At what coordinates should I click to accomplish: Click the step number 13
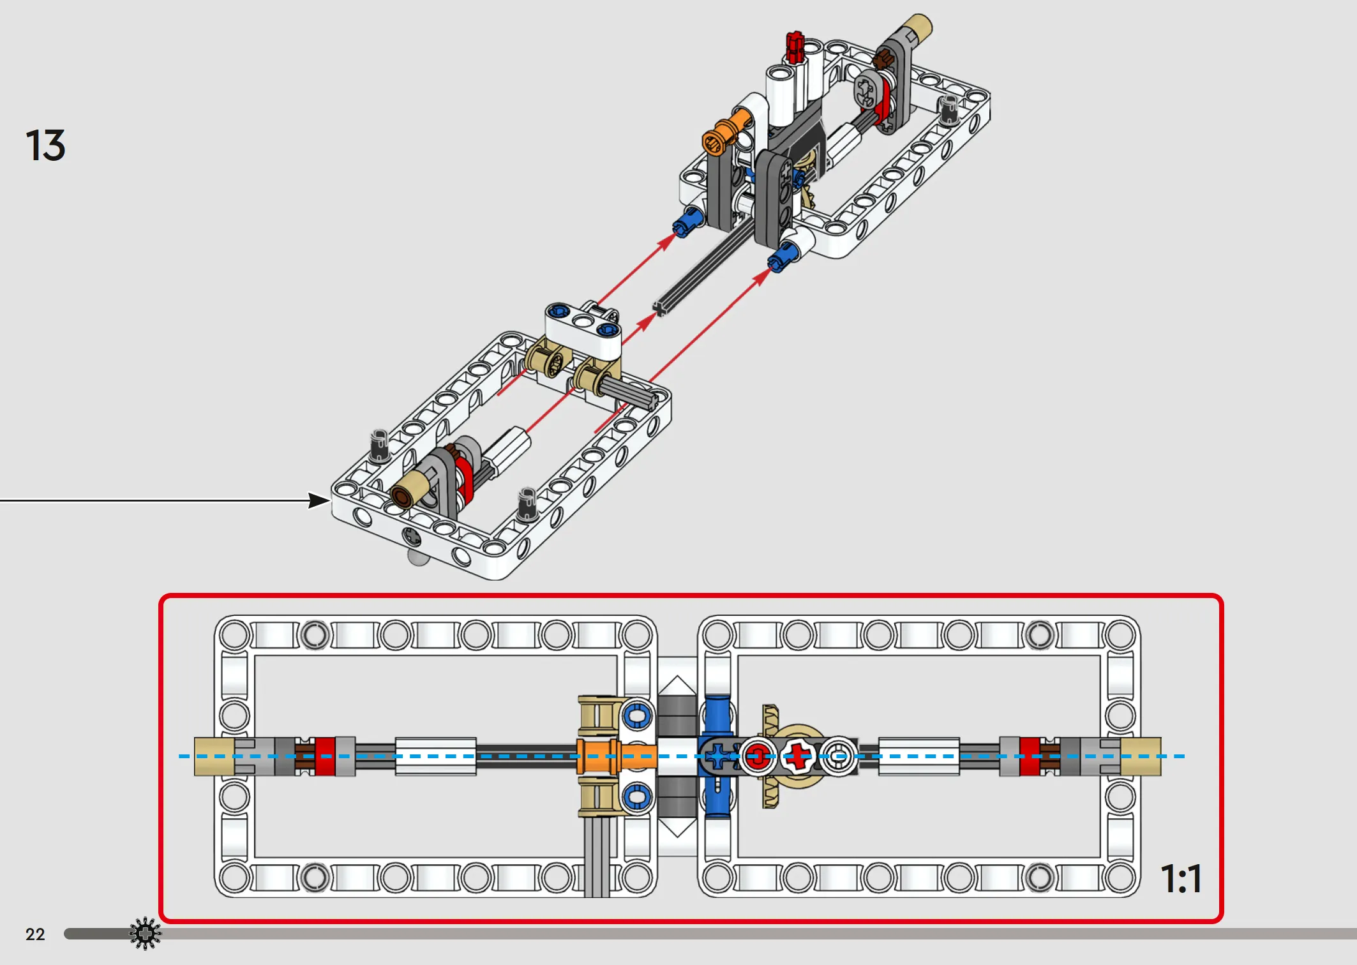click(x=45, y=145)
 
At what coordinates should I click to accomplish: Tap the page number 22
click(x=35, y=934)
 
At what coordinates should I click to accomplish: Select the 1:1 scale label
click(x=1181, y=879)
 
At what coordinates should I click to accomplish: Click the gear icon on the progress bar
click(x=146, y=934)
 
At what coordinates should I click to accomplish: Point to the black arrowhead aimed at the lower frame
click(x=319, y=500)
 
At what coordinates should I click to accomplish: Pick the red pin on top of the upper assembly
click(x=795, y=47)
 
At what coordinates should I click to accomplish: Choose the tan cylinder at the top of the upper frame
click(x=915, y=29)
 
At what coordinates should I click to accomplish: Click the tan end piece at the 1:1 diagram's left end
click(x=214, y=756)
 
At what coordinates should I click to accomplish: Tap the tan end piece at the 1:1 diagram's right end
click(x=1141, y=756)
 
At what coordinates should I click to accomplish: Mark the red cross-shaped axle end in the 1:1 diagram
click(x=797, y=757)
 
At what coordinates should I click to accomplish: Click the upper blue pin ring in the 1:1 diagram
click(x=637, y=715)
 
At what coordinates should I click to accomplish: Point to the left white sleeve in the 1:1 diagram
click(x=436, y=756)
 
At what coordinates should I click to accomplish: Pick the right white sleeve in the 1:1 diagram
click(x=919, y=756)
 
